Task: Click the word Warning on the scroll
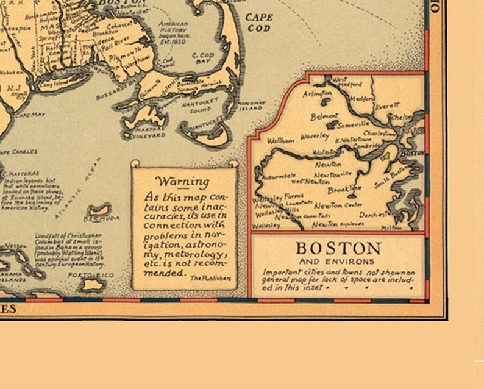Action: click(182, 181)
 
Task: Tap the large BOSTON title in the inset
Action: click(338, 249)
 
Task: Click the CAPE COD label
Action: click(259, 22)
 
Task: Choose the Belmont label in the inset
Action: click(324, 116)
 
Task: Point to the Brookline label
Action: click(344, 190)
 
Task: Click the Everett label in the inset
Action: click(387, 106)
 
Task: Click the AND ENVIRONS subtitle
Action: click(338, 262)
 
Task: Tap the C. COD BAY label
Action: click(203, 58)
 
